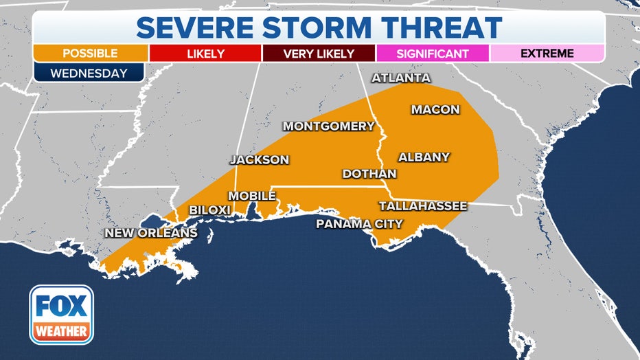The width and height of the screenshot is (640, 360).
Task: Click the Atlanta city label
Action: [401, 78]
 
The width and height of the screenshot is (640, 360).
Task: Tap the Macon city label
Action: [435, 109]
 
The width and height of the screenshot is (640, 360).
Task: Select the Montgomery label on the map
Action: [329, 126]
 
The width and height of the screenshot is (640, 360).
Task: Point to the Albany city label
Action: [424, 157]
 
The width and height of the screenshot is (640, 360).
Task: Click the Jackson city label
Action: [260, 159]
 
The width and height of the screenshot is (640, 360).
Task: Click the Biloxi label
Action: [209, 210]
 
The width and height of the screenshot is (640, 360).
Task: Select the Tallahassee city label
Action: [423, 205]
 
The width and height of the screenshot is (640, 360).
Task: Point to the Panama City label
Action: [359, 223]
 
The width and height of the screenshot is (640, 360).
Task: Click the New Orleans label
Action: [151, 233]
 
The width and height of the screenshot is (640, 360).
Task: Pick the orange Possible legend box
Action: [90, 53]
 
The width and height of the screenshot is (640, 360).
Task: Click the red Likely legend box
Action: [205, 53]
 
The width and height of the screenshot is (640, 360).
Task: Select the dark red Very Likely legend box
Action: [319, 53]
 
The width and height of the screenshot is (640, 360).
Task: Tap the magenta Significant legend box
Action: [433, 53]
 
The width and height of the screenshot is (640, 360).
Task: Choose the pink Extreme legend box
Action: [547, 53]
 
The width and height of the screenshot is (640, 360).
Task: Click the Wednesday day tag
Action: [90, 73]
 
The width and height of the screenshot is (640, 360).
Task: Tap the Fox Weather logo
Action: [61, 314]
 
